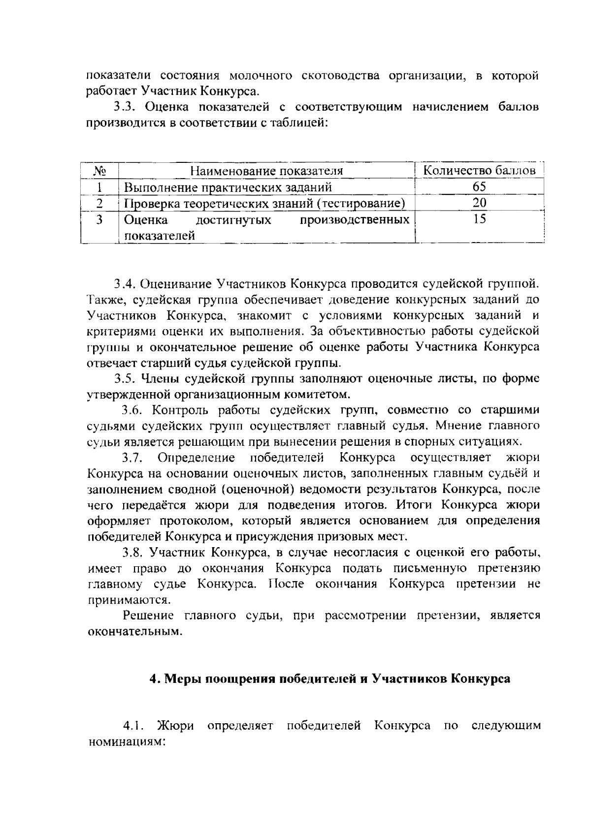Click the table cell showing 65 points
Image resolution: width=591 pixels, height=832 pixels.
(479, 187)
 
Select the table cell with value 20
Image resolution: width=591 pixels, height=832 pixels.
(479, 203)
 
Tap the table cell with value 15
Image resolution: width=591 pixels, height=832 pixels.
(479, 219)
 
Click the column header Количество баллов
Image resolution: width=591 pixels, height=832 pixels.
(480, 171)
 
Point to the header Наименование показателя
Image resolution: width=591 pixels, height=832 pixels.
(266, 171)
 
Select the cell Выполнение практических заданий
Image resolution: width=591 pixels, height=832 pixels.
(228, 187)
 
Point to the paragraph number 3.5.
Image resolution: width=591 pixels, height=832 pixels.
(125, 379)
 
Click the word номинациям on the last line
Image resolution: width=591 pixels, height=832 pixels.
(125, 741)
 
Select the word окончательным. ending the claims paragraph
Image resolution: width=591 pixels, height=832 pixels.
(135, 631)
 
